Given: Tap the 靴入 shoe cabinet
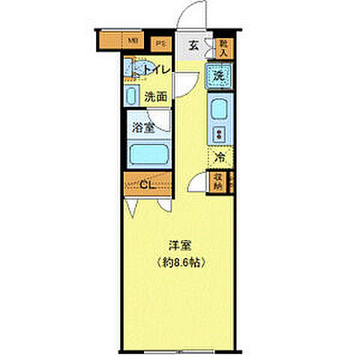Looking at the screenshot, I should pos(223,48).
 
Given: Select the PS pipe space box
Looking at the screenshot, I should pos(160,43).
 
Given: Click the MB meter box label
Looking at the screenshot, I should pos(132,40).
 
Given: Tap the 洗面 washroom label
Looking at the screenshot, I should pos(155,96).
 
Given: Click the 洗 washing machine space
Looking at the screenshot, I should pos(218,75).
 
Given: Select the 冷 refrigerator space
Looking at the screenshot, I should pos(220,157).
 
